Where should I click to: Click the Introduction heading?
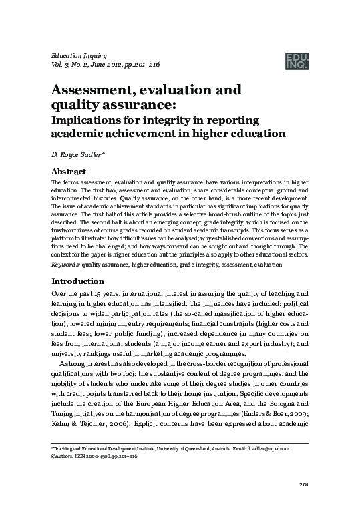click(x=79, y=281)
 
